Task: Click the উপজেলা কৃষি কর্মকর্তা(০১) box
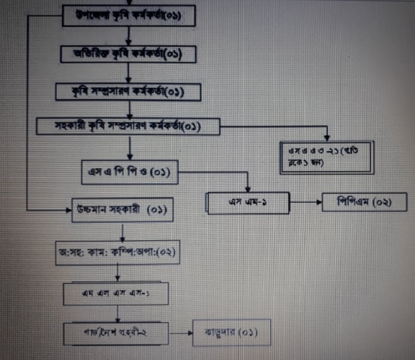coord(130,17)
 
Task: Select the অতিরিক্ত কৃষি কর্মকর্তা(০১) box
coord(128,54)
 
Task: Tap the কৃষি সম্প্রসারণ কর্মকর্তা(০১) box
coord(128,92)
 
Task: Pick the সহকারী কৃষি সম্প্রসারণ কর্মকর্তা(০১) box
coord(128,126)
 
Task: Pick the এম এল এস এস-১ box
coord(116,293)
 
